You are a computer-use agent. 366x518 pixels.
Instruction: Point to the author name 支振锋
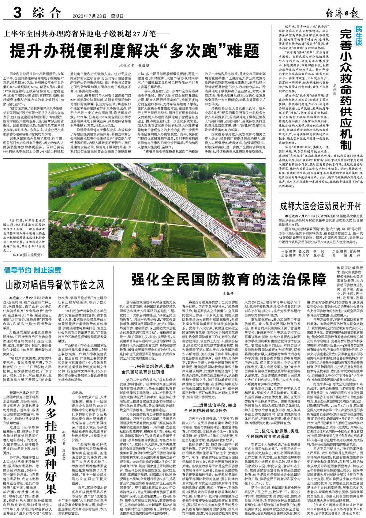(x=228, y=293)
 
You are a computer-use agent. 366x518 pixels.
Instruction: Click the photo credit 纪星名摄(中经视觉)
(x=24, y=254)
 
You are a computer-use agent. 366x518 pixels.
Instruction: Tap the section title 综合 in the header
(x=46, y=14)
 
